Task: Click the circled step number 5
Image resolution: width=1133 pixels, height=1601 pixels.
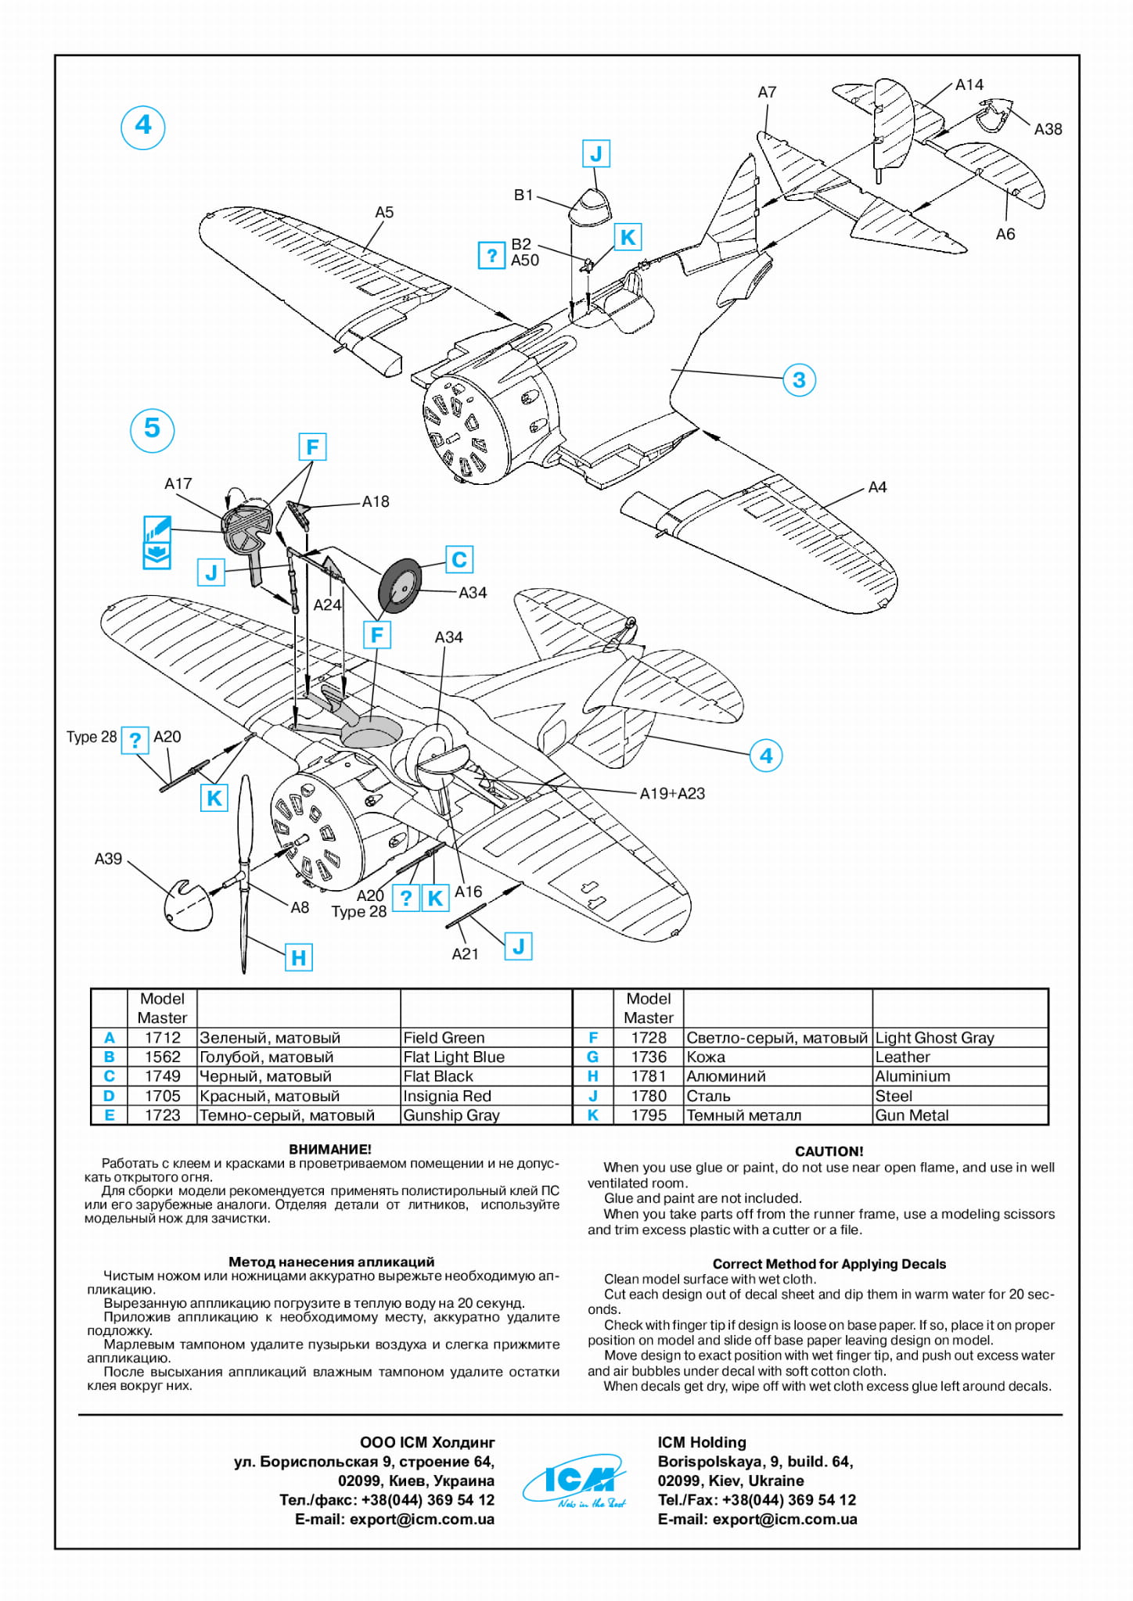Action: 152,429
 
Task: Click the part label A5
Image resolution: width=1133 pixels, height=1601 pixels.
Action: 384,213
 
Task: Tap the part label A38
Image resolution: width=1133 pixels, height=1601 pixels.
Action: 1048,130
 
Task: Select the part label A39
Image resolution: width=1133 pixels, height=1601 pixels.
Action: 108,859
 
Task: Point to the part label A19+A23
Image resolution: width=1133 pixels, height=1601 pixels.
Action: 672,794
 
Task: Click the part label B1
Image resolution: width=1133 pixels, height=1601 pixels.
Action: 523,196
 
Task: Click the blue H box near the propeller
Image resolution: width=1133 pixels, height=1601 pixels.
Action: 299,957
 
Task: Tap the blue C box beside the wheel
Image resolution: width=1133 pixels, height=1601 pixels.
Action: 459,560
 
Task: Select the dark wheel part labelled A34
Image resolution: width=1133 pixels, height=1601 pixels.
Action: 400,586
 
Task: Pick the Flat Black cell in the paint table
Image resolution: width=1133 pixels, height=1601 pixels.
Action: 438,1076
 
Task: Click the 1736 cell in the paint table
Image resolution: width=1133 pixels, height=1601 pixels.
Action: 649,1057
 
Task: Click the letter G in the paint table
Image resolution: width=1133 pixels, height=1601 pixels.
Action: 593,1057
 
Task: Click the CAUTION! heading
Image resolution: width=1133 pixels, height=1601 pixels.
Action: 829,1151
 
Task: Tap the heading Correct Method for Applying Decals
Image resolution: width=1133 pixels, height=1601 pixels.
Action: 829,1264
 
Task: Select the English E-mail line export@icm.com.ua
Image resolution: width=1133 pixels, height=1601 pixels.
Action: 757,1519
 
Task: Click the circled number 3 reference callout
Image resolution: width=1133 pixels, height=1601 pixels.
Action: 799,380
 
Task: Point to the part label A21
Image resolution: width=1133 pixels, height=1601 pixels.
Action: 465,953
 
